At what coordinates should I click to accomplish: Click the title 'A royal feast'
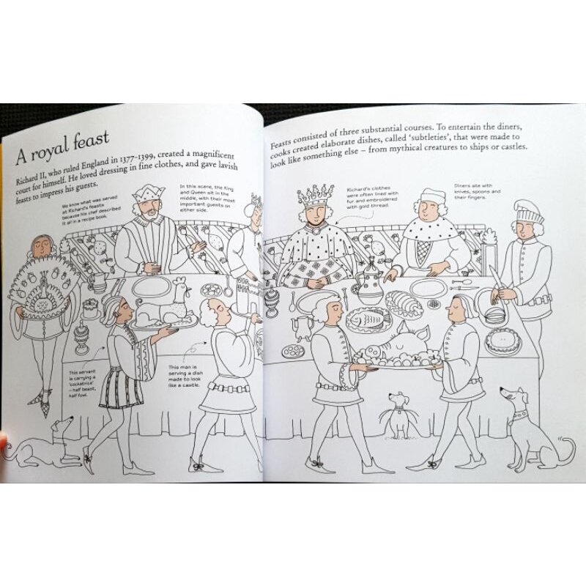click(63, 142)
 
